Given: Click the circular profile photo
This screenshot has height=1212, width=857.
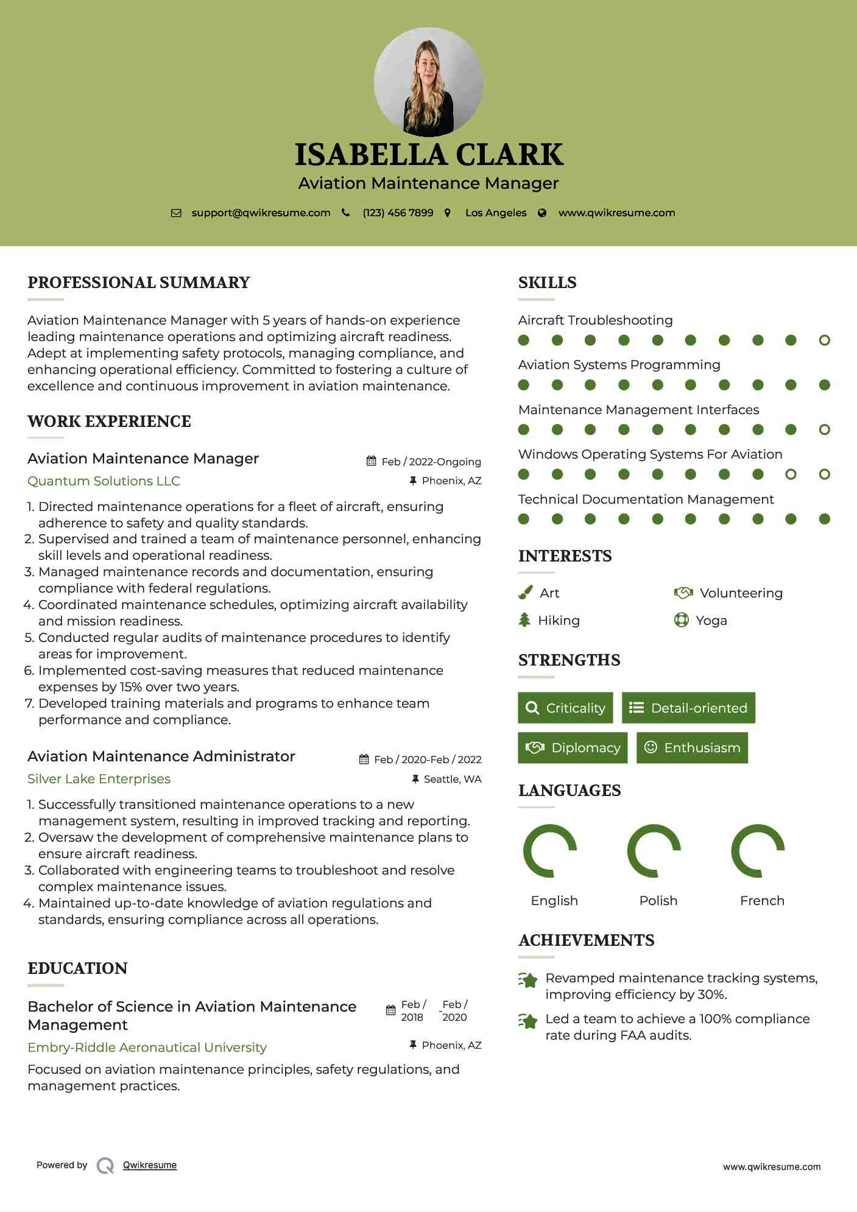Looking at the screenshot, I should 428,82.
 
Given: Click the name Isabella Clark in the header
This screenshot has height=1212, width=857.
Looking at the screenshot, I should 428,155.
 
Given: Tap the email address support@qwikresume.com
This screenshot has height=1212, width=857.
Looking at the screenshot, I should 261,213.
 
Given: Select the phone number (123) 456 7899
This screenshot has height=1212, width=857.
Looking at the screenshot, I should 398,213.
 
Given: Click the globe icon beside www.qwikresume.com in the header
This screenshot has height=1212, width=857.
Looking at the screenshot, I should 542,213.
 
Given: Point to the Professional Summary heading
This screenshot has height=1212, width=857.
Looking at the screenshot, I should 139,283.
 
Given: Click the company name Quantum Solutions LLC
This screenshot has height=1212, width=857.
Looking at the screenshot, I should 104,481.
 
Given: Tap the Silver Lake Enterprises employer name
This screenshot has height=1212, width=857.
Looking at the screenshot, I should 99,779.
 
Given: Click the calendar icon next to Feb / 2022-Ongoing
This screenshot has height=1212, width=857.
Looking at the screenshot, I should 371,461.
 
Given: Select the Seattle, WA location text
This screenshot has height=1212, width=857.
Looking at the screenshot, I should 452,779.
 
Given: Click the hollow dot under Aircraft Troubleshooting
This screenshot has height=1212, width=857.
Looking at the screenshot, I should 824,340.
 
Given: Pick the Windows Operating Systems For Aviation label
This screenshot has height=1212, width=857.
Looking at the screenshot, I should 650,454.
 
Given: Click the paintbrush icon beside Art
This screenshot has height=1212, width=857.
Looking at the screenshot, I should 525,593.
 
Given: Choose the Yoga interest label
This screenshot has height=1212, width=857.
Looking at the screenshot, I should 711,621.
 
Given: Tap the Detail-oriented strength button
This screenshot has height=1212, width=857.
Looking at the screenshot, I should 688,708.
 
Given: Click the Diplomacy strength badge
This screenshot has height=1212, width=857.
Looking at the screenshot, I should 573,748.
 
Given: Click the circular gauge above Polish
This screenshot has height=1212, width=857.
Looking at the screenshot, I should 654,851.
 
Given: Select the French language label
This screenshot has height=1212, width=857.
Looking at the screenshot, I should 762,901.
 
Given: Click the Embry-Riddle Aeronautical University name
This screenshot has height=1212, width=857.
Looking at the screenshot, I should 147,1048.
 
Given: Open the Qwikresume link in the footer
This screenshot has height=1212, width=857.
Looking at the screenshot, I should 150,1165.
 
